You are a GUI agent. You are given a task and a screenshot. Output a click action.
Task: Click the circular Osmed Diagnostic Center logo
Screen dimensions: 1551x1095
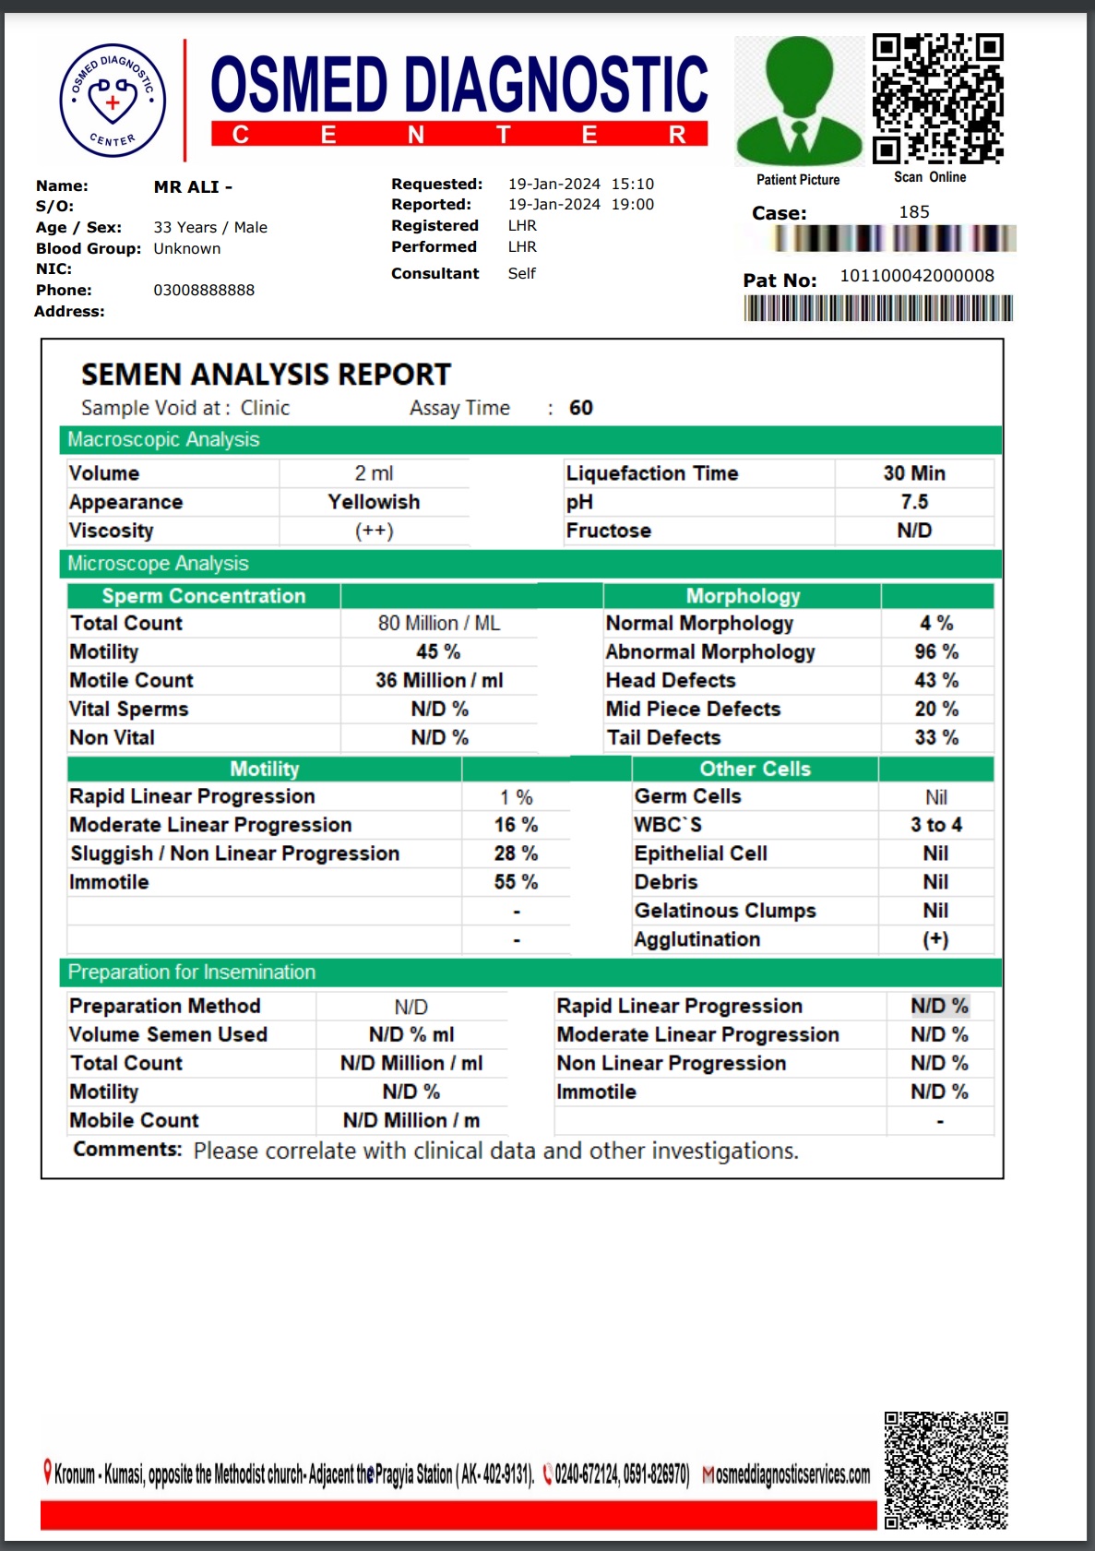coord(113,101)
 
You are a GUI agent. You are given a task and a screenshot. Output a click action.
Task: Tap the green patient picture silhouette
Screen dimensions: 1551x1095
coord(799,101)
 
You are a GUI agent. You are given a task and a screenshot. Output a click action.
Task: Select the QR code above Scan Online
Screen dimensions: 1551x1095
coord(938,98)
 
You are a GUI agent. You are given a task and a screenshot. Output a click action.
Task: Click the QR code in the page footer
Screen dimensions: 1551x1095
coord(946,1470)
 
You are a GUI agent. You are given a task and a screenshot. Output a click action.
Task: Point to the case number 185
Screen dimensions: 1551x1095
coord(913,212)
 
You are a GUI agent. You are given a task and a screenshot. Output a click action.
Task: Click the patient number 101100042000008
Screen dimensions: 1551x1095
coord(916,276)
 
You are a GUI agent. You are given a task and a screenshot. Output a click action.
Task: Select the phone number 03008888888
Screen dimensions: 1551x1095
coord(204,290)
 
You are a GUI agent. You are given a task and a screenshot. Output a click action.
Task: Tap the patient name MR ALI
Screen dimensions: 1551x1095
coord(193,186)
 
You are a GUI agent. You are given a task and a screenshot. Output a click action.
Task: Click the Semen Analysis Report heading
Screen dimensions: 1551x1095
coord(266,375)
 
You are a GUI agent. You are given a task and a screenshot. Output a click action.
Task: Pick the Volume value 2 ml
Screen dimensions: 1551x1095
coord(374,473)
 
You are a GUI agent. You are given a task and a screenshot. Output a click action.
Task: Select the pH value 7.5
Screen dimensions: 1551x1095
coord(914,502)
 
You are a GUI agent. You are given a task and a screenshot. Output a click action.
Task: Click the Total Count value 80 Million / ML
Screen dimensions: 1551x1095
coord(439,624)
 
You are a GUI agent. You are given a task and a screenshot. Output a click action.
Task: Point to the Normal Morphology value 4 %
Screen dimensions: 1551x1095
coord(936,624)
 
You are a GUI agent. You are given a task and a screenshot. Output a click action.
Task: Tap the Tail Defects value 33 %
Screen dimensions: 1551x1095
coord(936,738)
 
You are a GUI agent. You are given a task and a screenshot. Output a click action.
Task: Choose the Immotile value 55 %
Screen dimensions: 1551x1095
coord(516,882)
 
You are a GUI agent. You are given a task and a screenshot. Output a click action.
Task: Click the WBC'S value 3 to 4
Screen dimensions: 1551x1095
coord(935,825)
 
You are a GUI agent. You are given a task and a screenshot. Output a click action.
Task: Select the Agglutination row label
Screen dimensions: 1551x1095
coord(696,939)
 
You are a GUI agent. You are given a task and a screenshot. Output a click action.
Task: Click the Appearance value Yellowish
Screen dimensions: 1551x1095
coord(374,502)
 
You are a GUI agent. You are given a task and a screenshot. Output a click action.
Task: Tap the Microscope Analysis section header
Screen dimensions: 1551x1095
coord(158,564)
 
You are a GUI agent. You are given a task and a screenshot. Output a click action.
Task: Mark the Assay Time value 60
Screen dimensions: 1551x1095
coord(580,408)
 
